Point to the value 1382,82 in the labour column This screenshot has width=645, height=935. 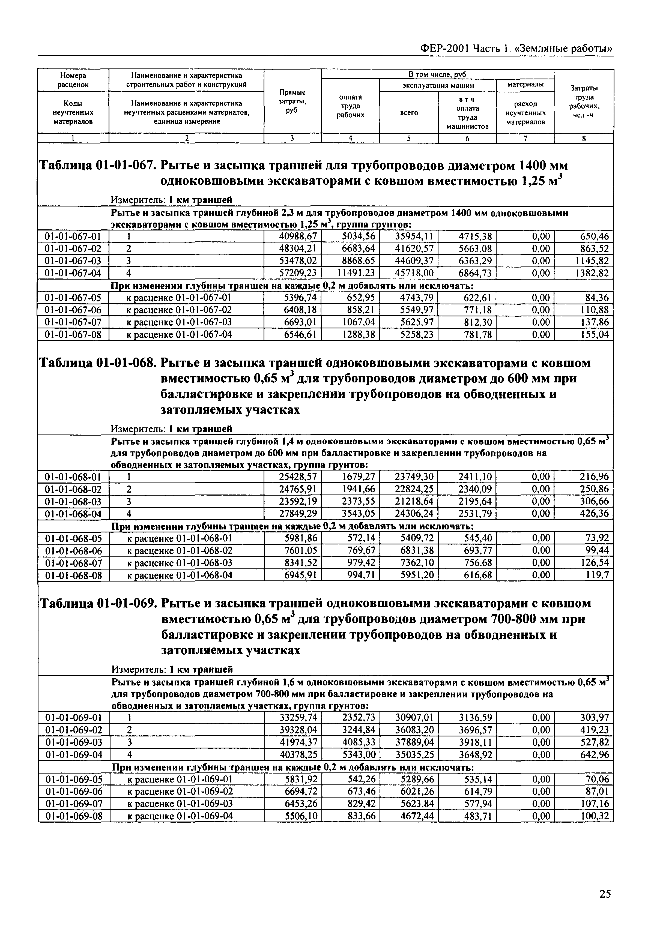[x=592, y=273]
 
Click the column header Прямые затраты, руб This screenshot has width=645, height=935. [x=292, y=101]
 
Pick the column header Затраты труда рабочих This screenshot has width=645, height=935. [x=584, y=101]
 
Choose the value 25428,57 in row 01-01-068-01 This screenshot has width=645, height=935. [x=298, y=477]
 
